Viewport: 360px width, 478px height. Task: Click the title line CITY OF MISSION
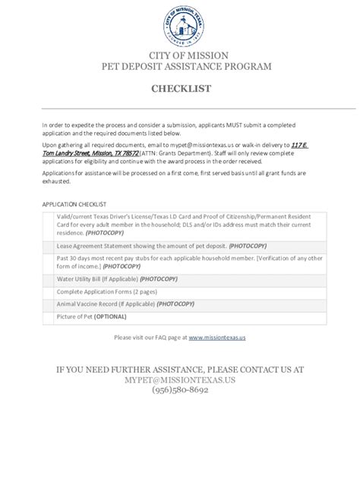[180, 56]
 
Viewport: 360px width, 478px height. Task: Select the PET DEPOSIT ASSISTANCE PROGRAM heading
[180, 67]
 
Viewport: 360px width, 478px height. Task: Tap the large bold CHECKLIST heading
[180, 89]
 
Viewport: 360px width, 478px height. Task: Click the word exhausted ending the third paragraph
[56, 182]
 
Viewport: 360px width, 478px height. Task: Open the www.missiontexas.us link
[217, 337]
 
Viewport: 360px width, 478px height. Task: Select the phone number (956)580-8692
[180, 390]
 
